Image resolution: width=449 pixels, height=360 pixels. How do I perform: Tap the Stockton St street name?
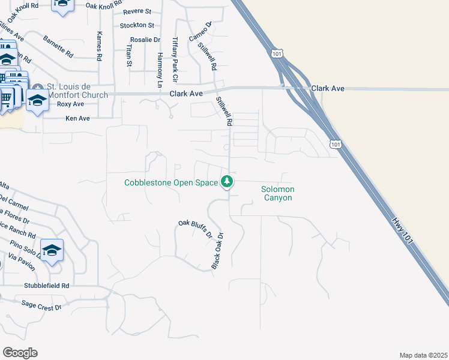point(137,25)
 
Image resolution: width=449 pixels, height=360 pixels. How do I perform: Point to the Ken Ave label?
point(77,119)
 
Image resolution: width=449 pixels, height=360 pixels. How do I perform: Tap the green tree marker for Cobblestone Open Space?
point(227,181)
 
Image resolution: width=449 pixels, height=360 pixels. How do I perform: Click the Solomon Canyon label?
point(277,193)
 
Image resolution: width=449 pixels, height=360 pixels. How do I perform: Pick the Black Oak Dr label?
point(217,250)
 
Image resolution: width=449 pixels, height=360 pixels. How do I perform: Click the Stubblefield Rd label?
point(47,286)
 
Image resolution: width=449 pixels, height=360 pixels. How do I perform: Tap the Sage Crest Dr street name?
point(41,305)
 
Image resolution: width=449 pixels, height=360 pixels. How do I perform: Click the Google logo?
point(20,353)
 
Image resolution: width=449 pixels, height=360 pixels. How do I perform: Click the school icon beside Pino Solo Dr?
point(52,251)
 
